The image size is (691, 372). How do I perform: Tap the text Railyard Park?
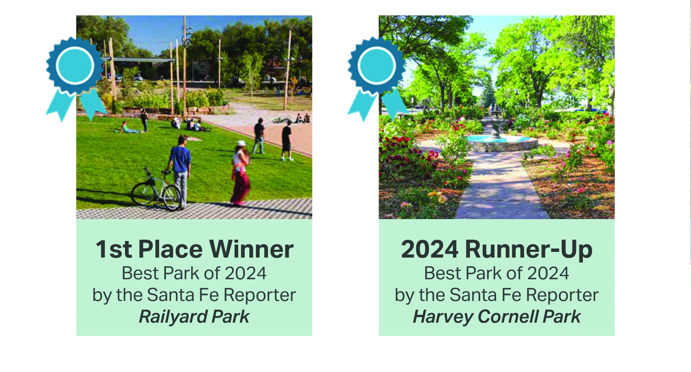point(194,317)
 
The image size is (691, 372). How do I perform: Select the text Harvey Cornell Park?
point(497,317)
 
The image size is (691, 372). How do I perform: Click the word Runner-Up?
point(529,249)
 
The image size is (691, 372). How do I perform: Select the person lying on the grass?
point(130,128)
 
